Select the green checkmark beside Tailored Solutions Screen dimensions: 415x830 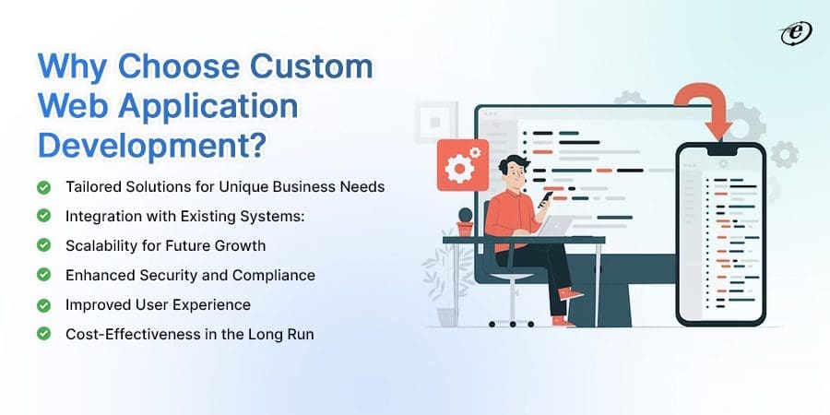43,186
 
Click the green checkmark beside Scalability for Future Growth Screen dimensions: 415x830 43,245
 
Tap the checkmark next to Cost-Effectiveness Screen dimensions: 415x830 43,334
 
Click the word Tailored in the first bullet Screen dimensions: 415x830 92,186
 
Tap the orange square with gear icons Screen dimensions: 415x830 462,164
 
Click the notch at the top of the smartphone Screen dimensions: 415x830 720,148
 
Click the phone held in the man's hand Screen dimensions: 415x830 544,196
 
